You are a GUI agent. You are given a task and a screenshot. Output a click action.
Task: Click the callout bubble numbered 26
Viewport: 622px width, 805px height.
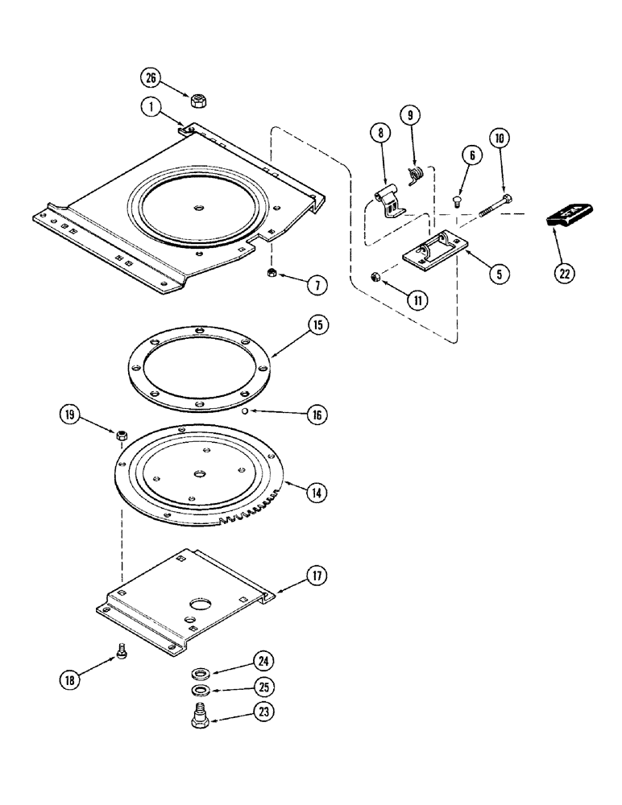click(151, 78)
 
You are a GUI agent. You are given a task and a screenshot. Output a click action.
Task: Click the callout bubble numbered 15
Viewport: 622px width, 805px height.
click(295, 325)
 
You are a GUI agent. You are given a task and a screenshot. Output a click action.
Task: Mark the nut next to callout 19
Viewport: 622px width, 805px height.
click(120, 436)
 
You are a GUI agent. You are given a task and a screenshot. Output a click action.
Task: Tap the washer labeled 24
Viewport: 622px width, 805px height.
click(198, 673)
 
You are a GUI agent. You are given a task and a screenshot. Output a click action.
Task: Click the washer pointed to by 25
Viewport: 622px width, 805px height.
click(198, 691)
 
